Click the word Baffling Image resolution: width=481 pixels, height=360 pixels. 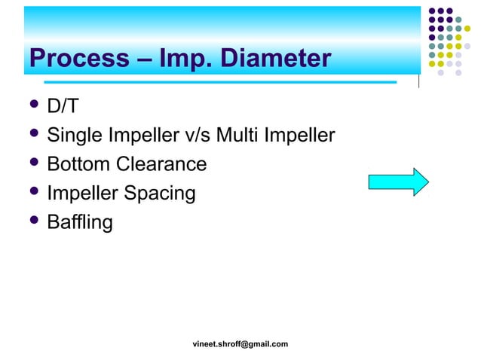[80, 222]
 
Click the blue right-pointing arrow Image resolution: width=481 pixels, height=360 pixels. [398, 182]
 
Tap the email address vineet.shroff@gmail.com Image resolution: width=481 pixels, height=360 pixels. [240, 344]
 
